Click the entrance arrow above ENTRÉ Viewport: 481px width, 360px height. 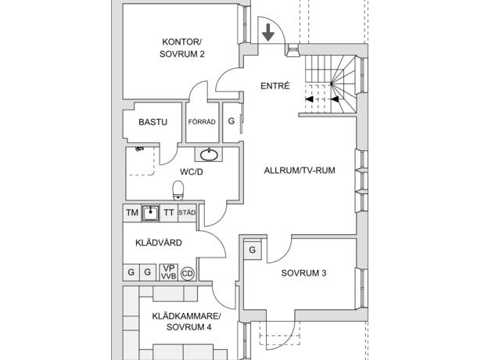point(268,32)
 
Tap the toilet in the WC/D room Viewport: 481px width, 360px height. point(178,190)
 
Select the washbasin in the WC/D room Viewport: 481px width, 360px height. point(209,154)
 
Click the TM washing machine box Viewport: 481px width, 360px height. point(132,213)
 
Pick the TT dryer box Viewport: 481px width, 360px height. point(169,213)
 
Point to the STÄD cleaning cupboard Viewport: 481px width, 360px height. point(187,213)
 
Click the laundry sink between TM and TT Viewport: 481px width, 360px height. point(150,213)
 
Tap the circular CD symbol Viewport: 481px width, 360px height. point(188,273)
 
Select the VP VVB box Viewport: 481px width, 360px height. point(168,272)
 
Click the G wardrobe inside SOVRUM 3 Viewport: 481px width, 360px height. point(253,250)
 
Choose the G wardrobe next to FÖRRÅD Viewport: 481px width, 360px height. point(232,121)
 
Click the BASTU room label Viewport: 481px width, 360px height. point(153,122)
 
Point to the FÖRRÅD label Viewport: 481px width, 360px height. point(202,122)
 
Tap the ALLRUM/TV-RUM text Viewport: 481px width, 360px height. point(300,171)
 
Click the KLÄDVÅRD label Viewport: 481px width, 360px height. point(159,243)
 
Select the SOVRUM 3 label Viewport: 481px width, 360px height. point(303,273)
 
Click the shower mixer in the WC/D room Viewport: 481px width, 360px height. point(139,149)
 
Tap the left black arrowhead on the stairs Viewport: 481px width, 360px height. point(309,99)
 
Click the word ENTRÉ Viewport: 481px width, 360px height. point(275,85)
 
